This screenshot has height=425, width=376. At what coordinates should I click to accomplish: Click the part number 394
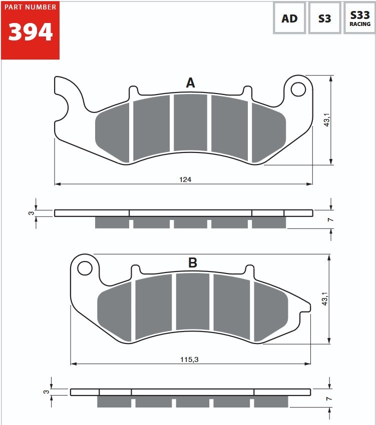pos(31,32)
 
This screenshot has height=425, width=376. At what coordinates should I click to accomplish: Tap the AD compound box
pos(289,18)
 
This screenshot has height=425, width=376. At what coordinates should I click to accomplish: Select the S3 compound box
pos(325,18)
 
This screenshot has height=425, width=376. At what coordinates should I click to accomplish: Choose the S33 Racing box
pos(359,18)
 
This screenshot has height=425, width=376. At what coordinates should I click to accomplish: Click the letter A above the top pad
pos(190,82)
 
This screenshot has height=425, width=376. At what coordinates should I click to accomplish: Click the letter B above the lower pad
pos(192,262)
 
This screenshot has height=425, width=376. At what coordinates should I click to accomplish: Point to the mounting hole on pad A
pos(298,89)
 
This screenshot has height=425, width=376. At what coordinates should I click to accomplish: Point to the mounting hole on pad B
pos(85,268)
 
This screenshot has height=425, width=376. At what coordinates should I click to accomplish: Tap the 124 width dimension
pos(185,179)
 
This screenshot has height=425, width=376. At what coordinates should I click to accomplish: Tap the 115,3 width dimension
pos(189,359)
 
